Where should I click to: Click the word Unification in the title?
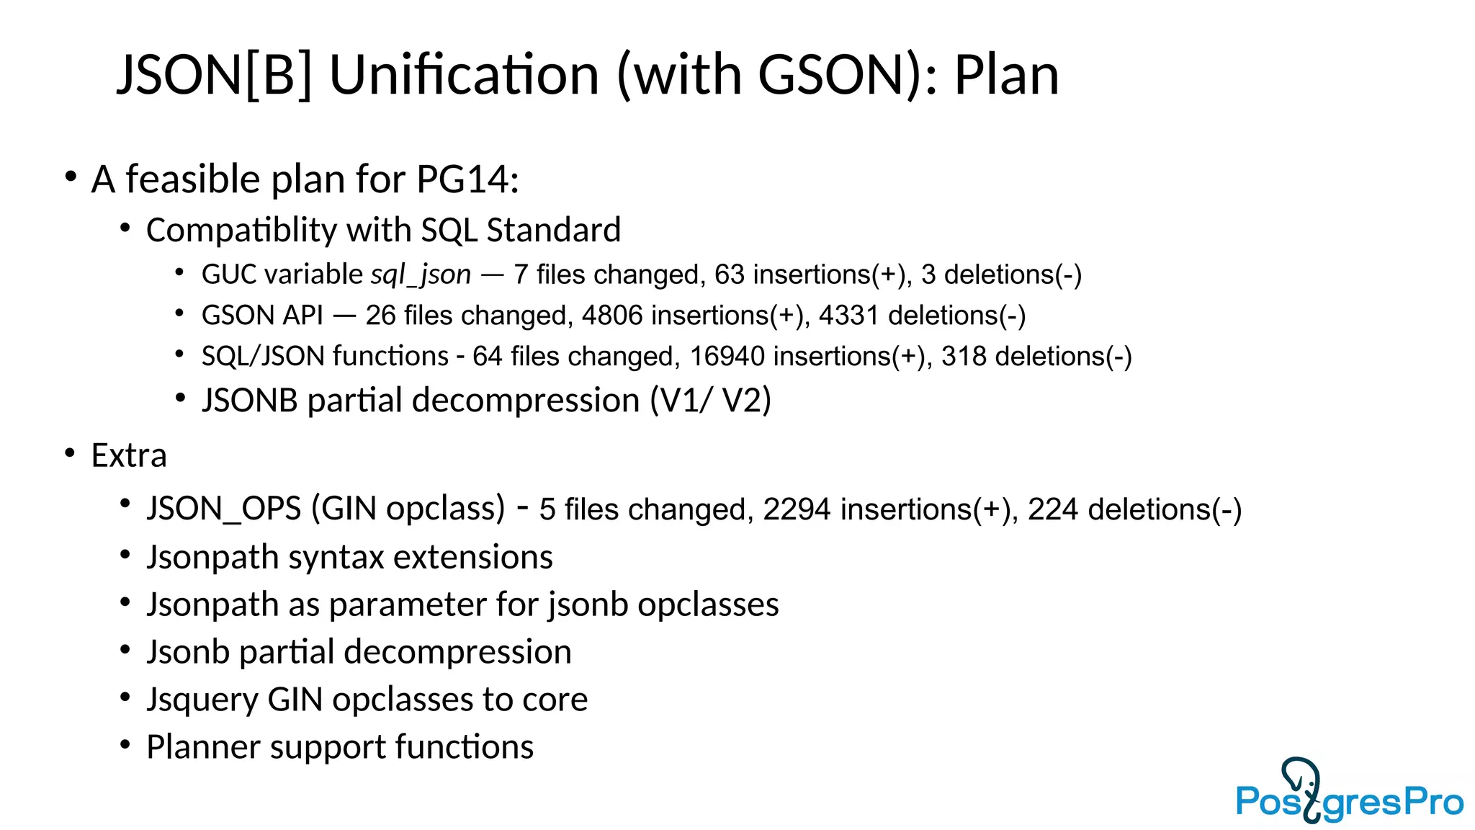coord(464,75)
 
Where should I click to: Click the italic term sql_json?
coord(421,275)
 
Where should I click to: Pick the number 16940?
coord(727,357)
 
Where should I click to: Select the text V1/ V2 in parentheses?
coord(710,401)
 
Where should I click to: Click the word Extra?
coord(129,455)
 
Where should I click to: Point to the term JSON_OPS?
coord(224,509)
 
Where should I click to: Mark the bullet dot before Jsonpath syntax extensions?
coord(125,555)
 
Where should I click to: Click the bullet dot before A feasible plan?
coord(70,177)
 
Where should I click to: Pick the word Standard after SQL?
coord(553,231)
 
